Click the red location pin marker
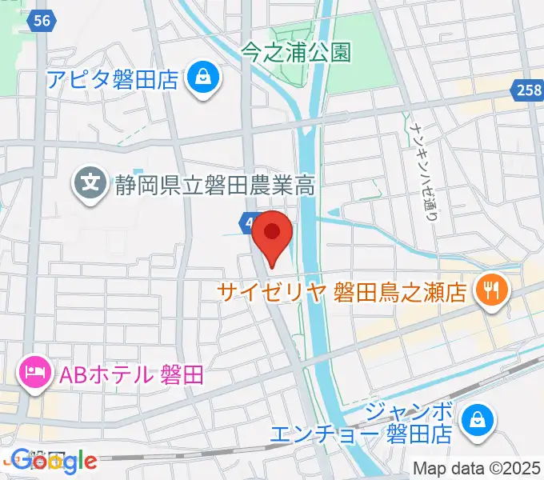[x=272, y=234]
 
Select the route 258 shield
[x=526, y=93]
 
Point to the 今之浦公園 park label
[x=296, y=53]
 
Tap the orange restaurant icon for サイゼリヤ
[x=487, y=288]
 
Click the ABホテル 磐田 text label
[x=128, y=373]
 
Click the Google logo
[x=54, y=460]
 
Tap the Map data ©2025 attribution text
[x=477, y=467]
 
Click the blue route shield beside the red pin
[x=247, y=221]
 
